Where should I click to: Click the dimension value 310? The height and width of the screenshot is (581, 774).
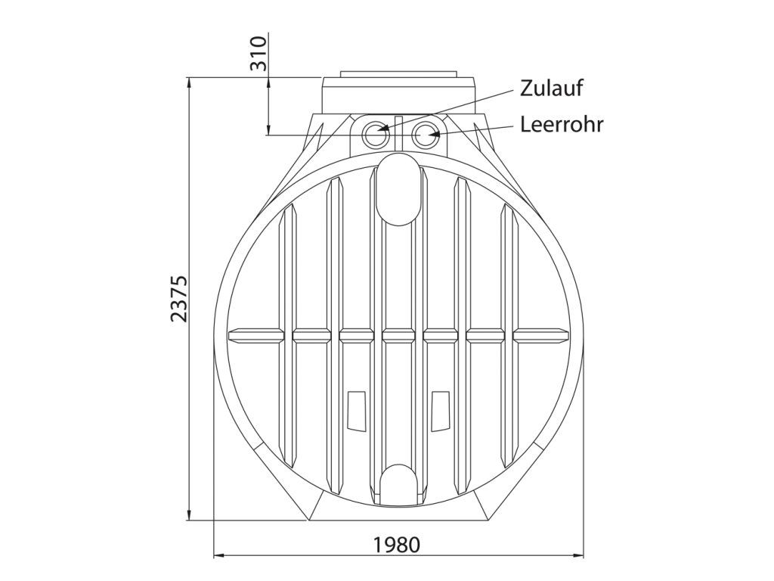258,53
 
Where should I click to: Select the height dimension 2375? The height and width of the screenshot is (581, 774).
178,299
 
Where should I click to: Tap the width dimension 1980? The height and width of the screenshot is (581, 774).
396,545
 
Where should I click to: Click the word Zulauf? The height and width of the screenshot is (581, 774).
551,88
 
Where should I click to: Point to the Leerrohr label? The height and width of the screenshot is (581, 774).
562,125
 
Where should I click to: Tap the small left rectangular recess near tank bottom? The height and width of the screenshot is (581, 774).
357,409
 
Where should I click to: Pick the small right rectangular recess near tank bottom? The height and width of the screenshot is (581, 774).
441,409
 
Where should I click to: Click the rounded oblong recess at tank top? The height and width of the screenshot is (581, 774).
398,189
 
